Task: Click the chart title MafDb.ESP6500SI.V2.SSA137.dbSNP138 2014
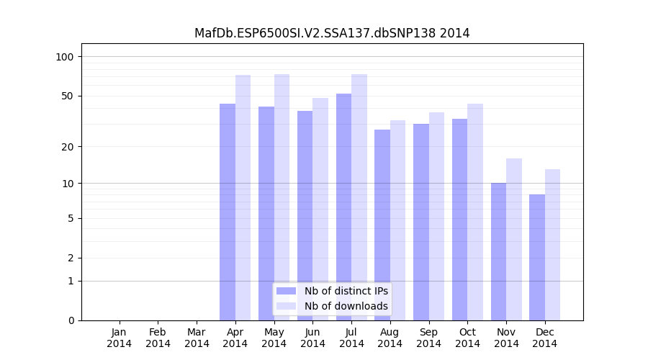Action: click(332, 33)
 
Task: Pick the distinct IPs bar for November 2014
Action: click(498, 251)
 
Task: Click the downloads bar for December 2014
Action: click(552, 245)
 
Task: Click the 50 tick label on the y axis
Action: click(68, 96)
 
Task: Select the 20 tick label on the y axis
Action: click(68, 147)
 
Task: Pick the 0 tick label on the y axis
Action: click(71, 320)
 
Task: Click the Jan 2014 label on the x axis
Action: click(120, 338)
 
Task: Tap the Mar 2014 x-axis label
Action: click(197, 338)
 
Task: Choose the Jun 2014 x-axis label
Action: click(312, 338)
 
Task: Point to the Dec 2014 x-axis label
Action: click(545, 338)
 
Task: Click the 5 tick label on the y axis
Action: click(71, 218)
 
